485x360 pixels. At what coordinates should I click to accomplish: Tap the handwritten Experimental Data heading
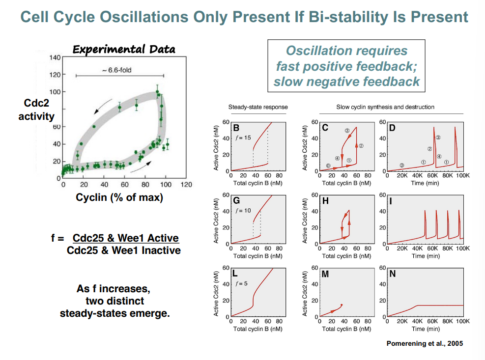(124, 49)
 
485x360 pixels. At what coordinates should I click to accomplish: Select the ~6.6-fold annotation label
(116, 70)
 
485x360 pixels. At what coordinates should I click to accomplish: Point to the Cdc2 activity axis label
(36, 111)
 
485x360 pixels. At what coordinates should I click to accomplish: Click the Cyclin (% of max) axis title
(119, 198)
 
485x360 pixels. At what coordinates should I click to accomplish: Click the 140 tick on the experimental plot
(55, 57)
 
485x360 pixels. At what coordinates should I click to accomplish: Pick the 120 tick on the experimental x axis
(186, 185)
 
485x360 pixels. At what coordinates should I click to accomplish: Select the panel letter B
(237, 128)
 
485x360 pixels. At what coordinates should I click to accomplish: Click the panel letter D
(393, 128)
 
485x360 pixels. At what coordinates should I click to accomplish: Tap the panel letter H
(325, 201)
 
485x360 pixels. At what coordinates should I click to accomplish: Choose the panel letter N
(392, 274)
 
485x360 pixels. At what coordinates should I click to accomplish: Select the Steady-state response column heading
(258, 107)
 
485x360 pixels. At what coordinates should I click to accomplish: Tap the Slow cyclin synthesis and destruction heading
(385, 107)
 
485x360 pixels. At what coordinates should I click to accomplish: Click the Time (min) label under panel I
(425, 256)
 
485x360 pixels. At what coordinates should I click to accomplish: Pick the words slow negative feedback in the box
(346, 82)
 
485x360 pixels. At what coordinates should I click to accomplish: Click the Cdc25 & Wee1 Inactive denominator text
(123, 250)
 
